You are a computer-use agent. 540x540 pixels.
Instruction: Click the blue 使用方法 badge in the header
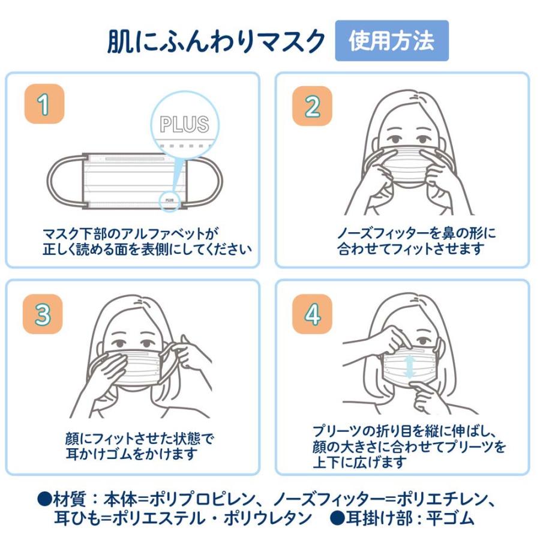[x=391, y=41]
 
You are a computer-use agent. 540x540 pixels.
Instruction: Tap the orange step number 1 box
[x=44, y=105]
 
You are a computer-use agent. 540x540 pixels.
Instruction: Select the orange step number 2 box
[x=312, y=106]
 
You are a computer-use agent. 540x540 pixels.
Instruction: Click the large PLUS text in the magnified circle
[x=184, y=124]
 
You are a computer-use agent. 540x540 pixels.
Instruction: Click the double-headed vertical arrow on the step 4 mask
[x=409, y=367]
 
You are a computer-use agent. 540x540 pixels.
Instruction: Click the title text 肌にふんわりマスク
[x=216, y=41]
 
